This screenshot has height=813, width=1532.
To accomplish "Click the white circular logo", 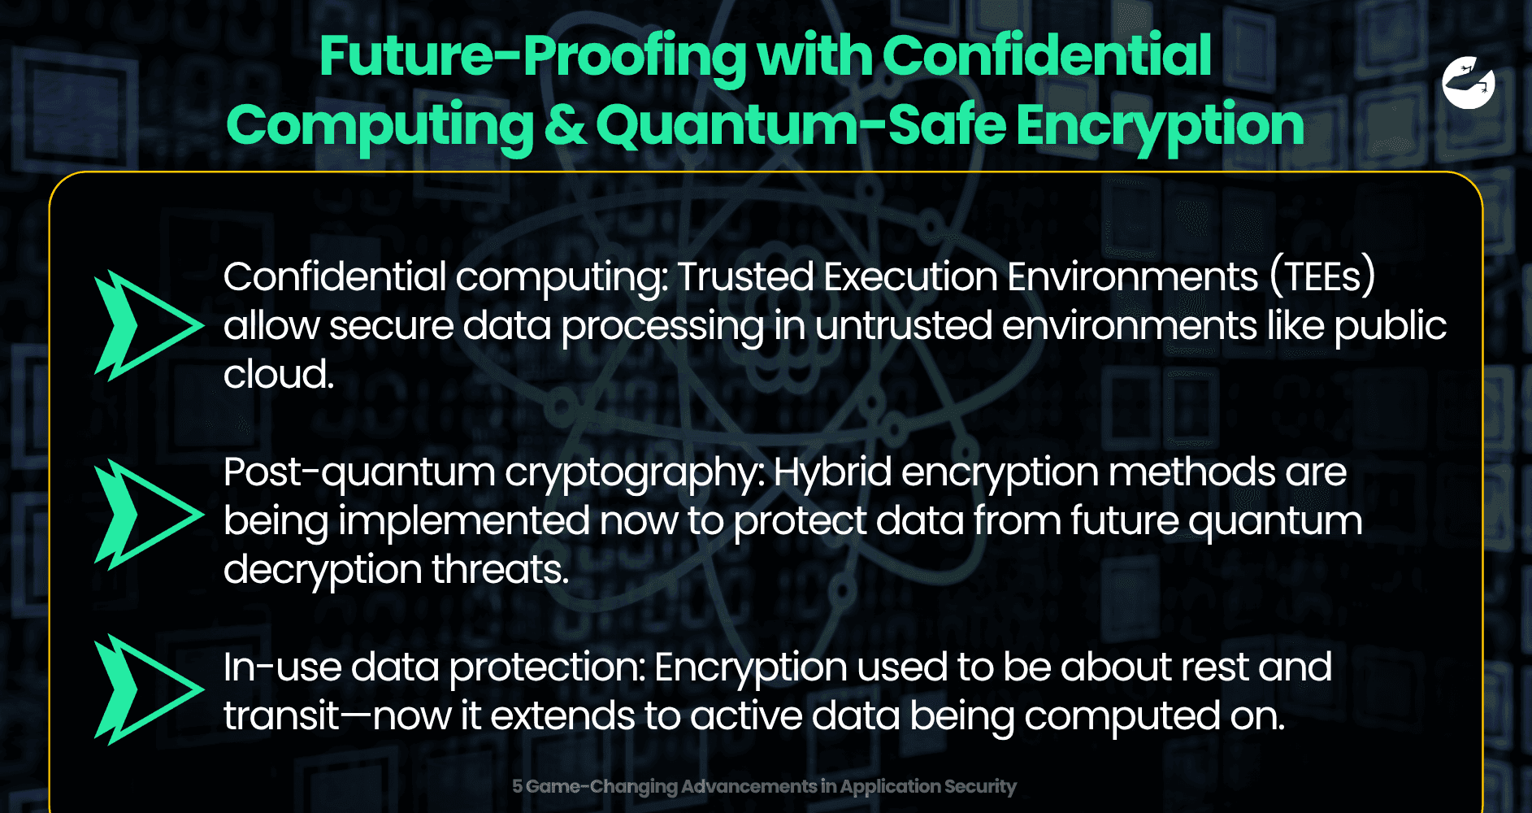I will [1469, 83].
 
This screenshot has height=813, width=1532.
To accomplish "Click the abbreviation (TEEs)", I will [1323, 276].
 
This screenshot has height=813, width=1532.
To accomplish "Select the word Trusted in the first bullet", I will [745, 276].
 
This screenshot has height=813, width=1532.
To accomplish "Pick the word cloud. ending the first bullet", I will [279, 375].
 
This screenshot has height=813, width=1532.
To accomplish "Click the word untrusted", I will [904, 326].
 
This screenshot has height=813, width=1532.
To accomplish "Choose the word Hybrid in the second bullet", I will [832, 472].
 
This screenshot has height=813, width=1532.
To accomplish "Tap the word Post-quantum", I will [358, 472].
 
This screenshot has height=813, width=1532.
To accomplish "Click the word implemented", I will [464, 521].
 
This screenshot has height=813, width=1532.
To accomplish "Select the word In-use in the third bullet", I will [280, 667].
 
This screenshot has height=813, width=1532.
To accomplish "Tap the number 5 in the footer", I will [517, 786].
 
